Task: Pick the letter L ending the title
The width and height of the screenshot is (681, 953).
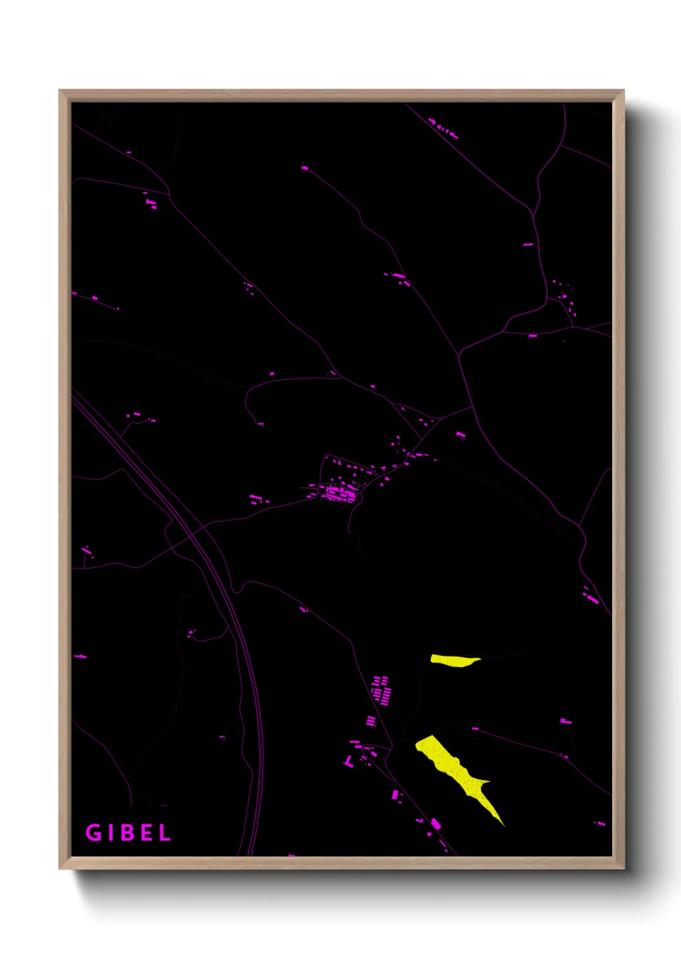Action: click(x=165, y=833)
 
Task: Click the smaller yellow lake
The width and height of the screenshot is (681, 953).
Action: click(x=454, y=661)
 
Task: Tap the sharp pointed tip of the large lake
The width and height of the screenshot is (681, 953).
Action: click(x=503, y=824)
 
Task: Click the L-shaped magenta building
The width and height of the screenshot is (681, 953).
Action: click(x=348, y=762)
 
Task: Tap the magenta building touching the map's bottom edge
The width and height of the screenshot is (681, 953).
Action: click(x=292, y=855)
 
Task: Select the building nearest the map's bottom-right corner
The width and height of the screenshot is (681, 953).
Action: click(x=599, y=823)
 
